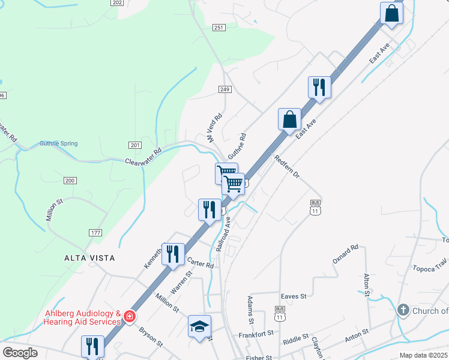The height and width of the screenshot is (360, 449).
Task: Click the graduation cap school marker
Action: (199, 326)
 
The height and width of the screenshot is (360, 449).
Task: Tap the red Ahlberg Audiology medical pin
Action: (129, 316)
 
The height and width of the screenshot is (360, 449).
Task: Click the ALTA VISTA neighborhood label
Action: (89, 257)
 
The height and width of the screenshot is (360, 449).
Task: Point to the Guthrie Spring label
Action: (58, 143)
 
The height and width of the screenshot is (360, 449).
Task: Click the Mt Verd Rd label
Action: (215, 127)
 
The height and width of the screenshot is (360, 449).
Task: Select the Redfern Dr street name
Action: (287, 167)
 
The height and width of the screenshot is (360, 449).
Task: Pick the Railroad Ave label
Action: (223, 234)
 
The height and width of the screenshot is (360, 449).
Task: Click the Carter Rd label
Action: (200, 263)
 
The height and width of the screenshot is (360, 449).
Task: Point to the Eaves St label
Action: (294, 296)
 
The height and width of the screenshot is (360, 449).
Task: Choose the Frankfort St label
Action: (256, 333)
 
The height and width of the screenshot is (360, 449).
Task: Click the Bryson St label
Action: (151, 337)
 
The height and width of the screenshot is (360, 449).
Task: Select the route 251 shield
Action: (218, 28)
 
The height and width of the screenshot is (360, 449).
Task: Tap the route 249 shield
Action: (224, 89)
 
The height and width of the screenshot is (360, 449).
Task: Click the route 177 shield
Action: (95, 233)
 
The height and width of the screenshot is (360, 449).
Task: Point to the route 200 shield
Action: (70, 181)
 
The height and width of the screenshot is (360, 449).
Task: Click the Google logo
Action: (20, 353)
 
